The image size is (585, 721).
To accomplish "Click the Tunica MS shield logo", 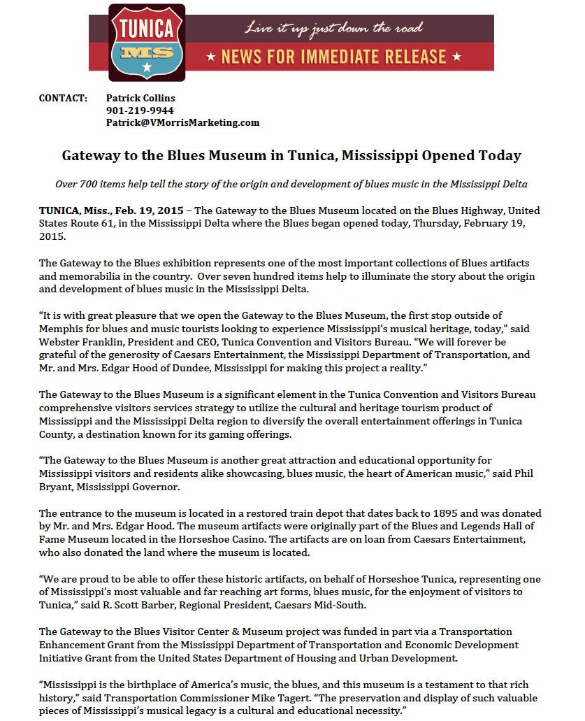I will click(x=147, y=41).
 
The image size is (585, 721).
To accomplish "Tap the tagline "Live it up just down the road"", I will click(x=333, y=29).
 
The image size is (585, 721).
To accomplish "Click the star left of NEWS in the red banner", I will click(x=210, y=57).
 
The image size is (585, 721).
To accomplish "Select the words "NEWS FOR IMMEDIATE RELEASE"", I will click(x=333, y=57).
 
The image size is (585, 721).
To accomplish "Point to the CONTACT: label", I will click(x=63, y=98).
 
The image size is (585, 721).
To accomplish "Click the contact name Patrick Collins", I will click(x=140, y=98).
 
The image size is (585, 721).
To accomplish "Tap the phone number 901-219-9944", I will click(x=140, y=110).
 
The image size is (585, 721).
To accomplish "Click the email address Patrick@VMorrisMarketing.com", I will click(x=182, y=122).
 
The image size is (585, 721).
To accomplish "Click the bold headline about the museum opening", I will click(x=291, y=155).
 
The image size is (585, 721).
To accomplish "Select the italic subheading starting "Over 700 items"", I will click(x=291, y=184).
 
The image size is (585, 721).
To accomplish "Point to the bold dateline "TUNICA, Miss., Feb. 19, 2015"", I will click(x=111, y=210).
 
